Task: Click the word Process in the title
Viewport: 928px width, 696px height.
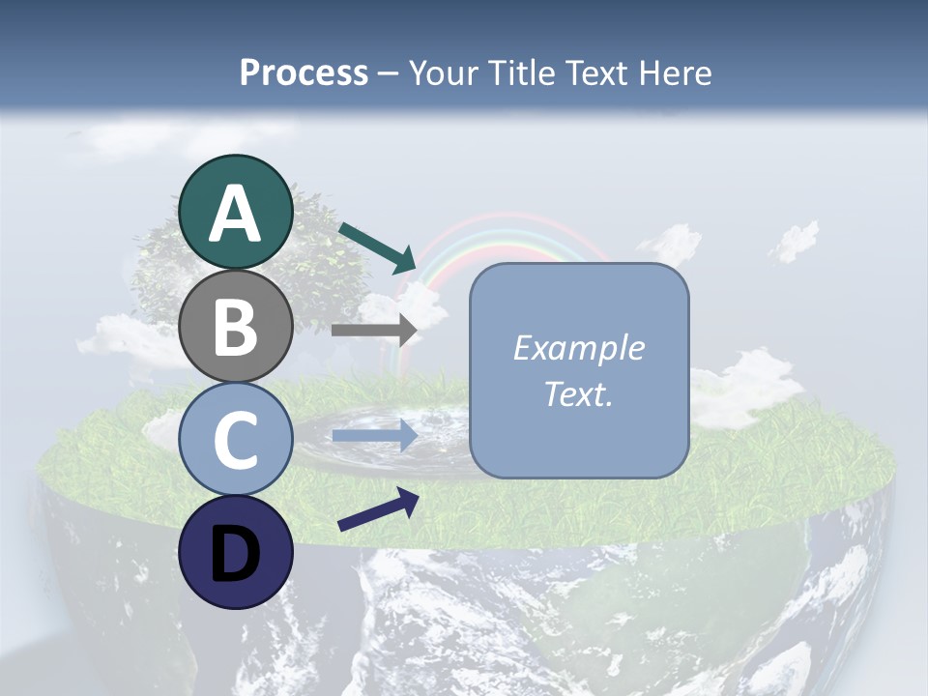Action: pos(304,72)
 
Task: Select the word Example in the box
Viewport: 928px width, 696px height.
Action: pos(578,348)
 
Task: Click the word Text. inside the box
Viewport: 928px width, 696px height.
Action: pos(578,393)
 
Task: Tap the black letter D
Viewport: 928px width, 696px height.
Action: pos(235,554)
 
